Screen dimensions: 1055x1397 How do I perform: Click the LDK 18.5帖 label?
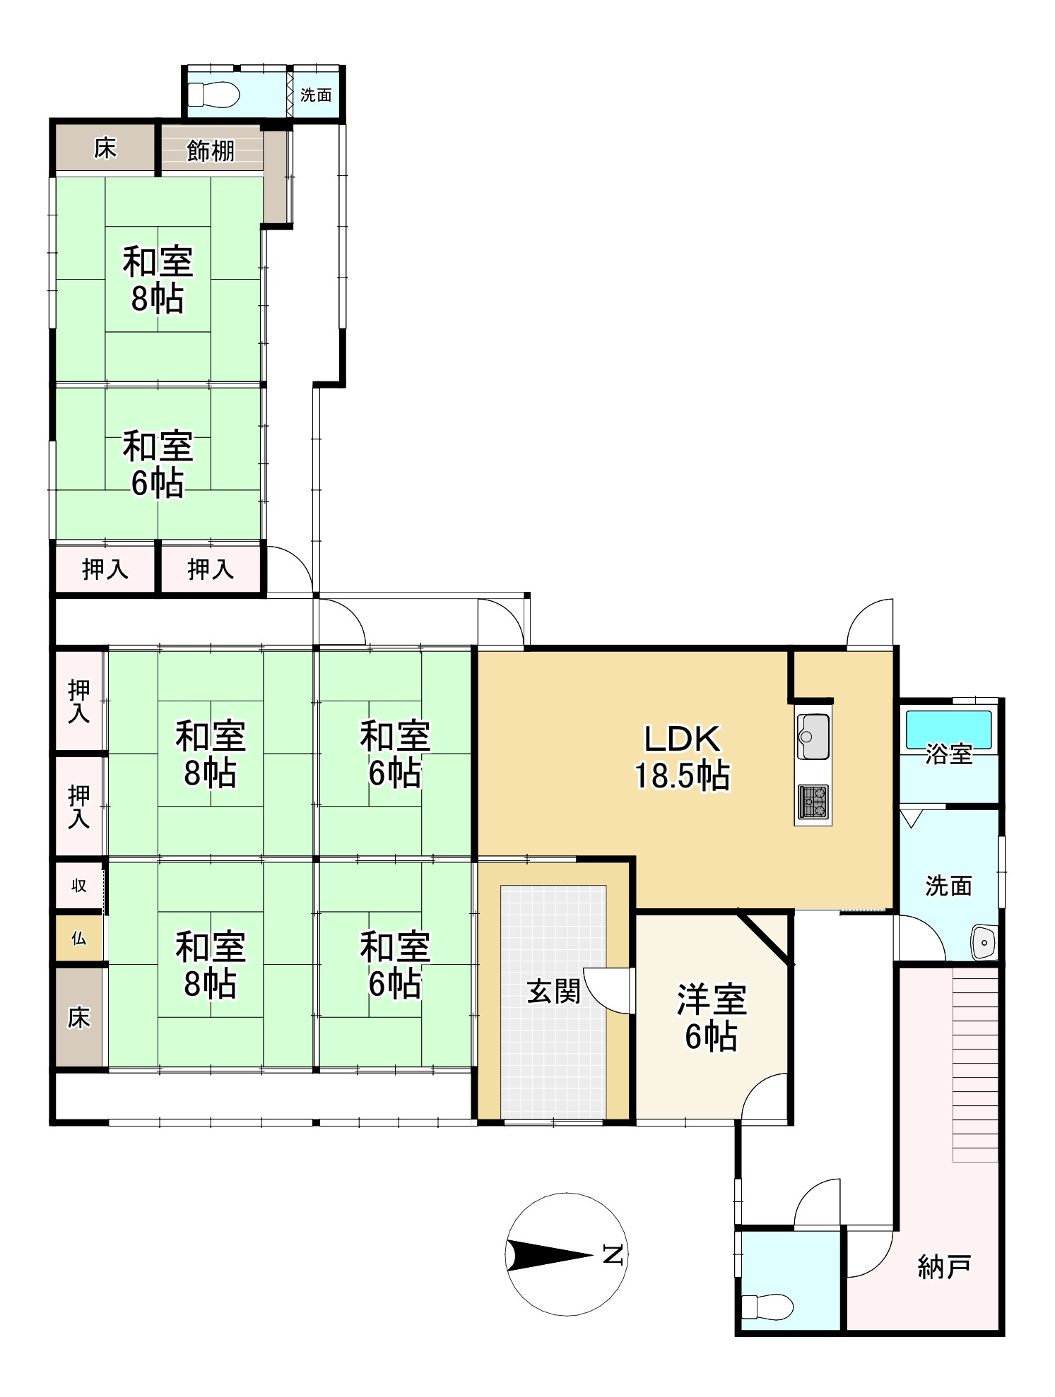coord(682,756)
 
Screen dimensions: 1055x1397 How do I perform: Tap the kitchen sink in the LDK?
coord(813,737)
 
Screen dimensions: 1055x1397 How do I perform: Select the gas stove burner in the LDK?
coord(813,802)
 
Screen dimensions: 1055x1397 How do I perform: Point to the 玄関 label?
coord(554,992)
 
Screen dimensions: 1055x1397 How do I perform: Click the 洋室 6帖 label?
coord(712,1018)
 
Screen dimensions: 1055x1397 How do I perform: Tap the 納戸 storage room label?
coord(944,1267)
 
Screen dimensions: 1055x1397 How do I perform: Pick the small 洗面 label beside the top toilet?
coord(316,95)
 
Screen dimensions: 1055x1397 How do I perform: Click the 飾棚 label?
coord(210,150)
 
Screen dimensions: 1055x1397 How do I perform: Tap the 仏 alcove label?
coord(78,938)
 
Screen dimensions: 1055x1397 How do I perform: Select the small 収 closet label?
coord(78,885)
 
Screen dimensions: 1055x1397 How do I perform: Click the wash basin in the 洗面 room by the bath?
coord(983,941)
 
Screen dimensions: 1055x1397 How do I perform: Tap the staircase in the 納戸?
coord(975,1064)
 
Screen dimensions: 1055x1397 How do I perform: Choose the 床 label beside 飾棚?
coord(105,148)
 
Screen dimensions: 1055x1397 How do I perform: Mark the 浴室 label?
coord(949,754)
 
